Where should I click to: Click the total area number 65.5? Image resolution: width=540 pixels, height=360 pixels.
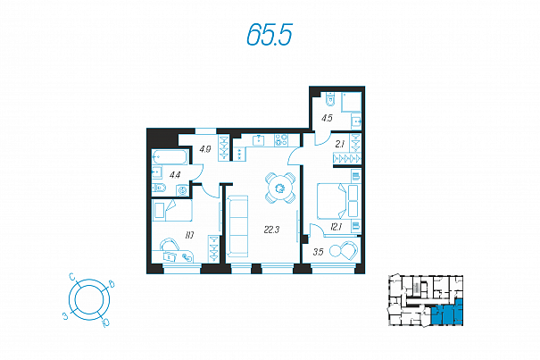tap(270, 35)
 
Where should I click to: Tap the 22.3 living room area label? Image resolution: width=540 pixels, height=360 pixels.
tap(271, 230)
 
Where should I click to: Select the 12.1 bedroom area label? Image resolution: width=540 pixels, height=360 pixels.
tap(336, 227)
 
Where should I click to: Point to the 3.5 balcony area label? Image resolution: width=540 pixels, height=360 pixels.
tap(319, 252)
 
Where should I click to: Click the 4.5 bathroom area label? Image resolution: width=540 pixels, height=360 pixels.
tap(327, 118)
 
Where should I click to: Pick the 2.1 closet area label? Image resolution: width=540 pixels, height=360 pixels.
tap(340, 145)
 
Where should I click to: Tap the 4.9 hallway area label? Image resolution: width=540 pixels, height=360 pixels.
tap(205, 149)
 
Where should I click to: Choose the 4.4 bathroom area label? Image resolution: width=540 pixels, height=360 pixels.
tap(175, 175)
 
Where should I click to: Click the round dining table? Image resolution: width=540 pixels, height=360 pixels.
tap(280, 188)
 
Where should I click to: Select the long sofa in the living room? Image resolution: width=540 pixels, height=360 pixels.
tap(237, 226)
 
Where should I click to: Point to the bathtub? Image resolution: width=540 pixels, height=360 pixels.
tap(170, 157)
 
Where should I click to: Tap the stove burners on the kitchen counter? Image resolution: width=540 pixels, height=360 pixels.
tap(281, 140)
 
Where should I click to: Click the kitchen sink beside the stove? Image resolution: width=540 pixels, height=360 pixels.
tap(258, 140)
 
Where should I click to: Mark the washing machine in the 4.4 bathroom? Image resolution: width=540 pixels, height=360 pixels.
tap(182, 190)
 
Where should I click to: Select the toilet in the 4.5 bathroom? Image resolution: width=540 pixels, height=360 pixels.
tap(329, 99)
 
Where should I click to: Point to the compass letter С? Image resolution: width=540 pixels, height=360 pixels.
tap(72, 277)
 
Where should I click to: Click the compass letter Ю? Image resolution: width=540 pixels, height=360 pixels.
tap(105, 322)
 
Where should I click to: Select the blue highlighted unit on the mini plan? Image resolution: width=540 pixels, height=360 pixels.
tap(447, 314)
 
